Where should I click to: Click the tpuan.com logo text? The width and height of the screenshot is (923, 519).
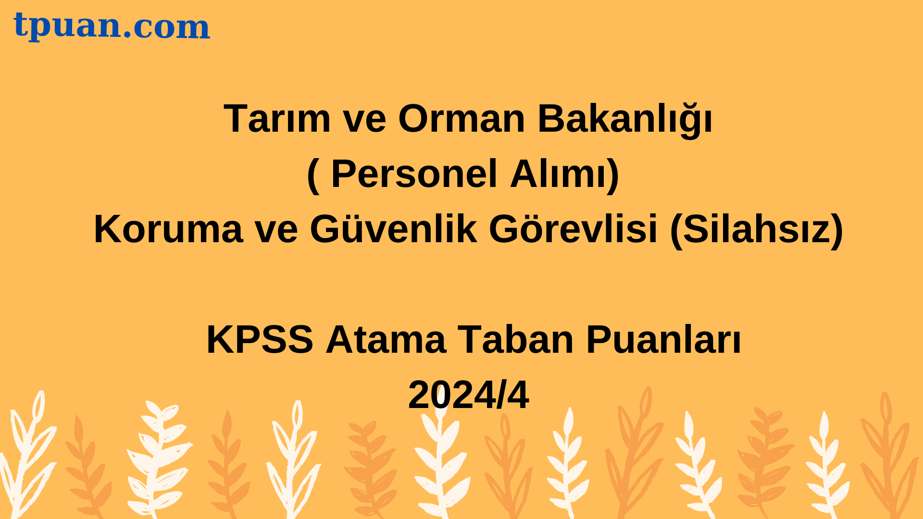pyautogui.click(x=112, y=26)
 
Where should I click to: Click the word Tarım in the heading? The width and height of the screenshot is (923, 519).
pyautogui.click(x=277, y=118)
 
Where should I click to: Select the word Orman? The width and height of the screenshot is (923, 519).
pyautogui.click(x=461, y=118)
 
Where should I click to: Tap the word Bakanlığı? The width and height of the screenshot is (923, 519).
pyautogui.click(x=625, y=120)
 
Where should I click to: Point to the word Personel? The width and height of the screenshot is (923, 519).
pyautogui.click(x=414, y=173)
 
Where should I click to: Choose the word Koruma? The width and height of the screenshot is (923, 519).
pyautogui.click(x=168, y=229)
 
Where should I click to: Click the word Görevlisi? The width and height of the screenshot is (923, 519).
pyautogui.click(x=573, y=229)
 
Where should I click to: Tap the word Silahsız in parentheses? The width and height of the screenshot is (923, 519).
pyautogui.click(x=757, y=230)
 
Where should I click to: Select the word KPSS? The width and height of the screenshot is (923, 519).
pyautogui.click(x=260, y=340)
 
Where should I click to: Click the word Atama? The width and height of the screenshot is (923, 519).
pyautogui.click(x=386, y=340)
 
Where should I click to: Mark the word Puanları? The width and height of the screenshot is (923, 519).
pyautogui.click(x=663, y=340)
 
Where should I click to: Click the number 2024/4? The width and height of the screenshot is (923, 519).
pyautogui.click(x=469, y=395)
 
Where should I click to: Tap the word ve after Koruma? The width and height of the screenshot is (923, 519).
pyautogui.click(x=276, y=233)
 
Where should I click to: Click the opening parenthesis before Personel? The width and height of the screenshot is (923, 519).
pyautogui.click(x=313, y=175)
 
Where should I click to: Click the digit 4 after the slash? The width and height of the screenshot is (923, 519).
pyautogui.click(x=518, y=395)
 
